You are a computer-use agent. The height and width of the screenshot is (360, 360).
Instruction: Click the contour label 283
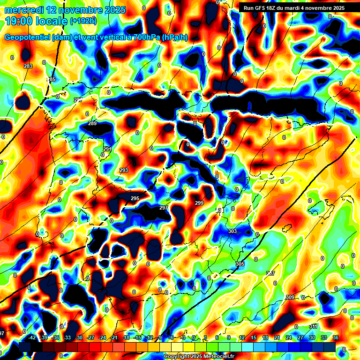28,66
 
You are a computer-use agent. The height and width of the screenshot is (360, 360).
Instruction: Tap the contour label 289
92,124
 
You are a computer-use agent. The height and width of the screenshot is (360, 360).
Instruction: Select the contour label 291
107,149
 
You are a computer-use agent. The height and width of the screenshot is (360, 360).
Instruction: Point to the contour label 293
124,170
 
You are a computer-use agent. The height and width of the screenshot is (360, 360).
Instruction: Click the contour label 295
135,199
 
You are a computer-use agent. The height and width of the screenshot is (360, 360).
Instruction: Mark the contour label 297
164,208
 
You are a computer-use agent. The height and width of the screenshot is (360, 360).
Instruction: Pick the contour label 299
199,203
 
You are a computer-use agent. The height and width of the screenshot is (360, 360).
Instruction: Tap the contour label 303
232,232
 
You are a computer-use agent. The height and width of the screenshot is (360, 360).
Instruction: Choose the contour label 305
240,264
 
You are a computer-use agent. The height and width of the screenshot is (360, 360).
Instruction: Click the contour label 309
290,298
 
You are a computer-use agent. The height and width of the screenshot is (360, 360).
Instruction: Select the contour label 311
314,326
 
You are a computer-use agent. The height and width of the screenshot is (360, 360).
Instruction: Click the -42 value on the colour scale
32,337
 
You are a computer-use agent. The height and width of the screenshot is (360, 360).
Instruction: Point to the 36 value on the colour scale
336,337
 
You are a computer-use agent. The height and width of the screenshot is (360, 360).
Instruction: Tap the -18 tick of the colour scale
126,337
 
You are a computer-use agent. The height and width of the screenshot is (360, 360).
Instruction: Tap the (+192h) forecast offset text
83,21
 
